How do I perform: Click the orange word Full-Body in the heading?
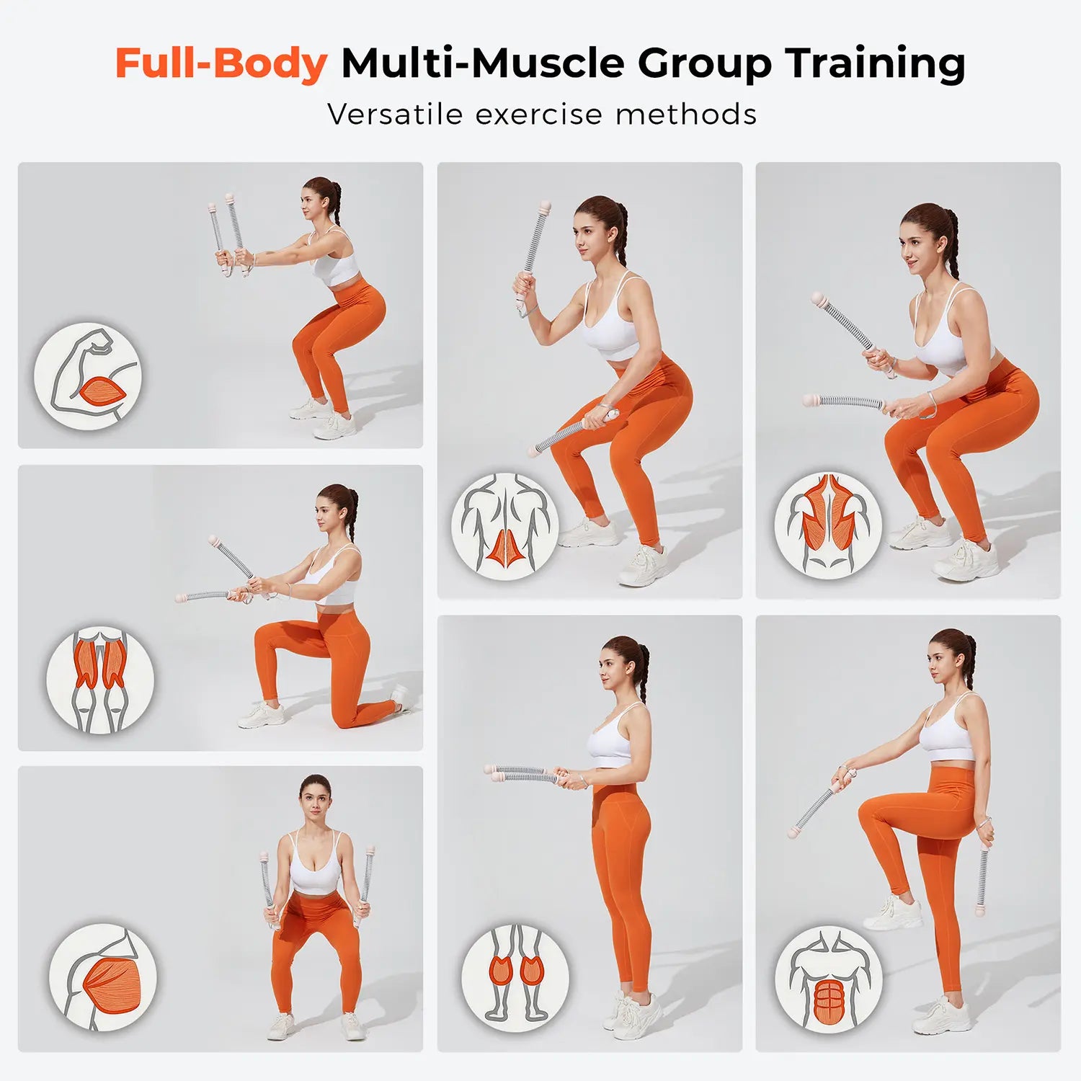click(221, 64)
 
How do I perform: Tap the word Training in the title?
click(876, 64)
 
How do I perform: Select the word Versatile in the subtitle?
click(395, 115)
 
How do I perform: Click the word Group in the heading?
click(705, 64)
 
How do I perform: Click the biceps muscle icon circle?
click(88, 376)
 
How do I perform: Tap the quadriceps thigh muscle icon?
click(100, 680)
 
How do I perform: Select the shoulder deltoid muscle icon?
click(102, 977)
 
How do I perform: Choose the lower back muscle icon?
click(505, 527)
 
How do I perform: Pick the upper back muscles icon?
click(828, 526)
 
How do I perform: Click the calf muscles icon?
click(515, 978)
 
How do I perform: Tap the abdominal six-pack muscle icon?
click(829, 979)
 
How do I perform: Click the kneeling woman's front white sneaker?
click(262, 715)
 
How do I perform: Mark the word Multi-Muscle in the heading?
click(483, 64)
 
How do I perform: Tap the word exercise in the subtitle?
click(538, 115)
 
